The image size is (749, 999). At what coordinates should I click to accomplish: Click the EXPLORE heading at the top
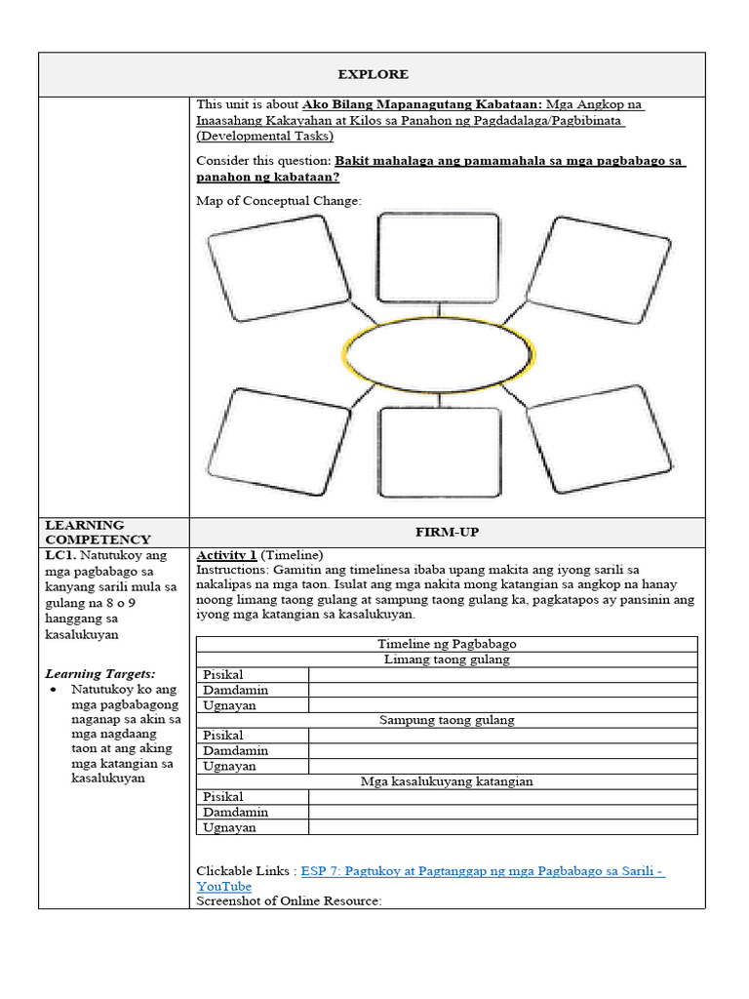click(373, 74)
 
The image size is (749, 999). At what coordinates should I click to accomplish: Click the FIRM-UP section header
click(447, 532)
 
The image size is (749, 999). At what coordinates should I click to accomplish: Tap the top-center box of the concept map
click(438, 258)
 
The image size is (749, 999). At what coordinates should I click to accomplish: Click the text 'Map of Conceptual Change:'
click(278, 201)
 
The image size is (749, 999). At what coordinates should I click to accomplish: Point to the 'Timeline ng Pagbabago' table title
click(447, 644)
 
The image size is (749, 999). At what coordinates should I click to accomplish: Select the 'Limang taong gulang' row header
click(447, 659)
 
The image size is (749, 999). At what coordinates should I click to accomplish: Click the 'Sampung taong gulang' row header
click(447, 720)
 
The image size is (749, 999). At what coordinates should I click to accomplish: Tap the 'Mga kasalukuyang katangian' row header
click(447, 781)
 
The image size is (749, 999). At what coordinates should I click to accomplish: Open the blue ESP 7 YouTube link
click(483, 870)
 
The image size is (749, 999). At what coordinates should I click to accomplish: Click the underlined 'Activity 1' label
click(226, 554)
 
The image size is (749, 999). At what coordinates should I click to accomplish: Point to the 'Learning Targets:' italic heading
click(100, 673)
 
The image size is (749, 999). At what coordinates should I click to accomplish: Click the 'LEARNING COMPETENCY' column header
click(98, 532)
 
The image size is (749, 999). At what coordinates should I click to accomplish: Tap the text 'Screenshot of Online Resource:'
click(289, 900)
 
